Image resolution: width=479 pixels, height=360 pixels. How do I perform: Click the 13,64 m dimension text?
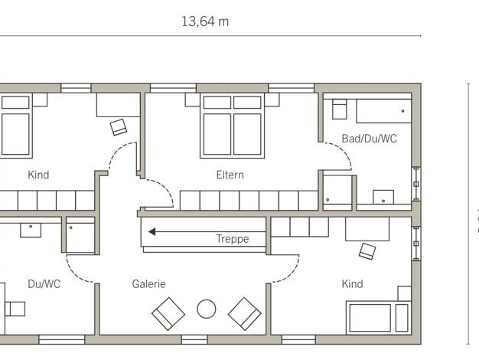point(205,21)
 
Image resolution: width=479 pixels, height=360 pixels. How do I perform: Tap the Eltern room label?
point(230,175)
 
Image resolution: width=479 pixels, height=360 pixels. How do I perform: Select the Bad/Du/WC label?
point(369,139)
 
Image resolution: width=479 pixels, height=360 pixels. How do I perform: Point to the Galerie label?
point(148,284)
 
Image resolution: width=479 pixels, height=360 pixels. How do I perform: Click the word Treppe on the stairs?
point(233,239)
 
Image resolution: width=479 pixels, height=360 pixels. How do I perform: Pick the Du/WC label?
point(44,284)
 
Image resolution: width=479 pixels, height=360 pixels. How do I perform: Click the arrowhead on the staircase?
point(152,232)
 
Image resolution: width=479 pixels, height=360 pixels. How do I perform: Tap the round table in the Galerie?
point(207,309)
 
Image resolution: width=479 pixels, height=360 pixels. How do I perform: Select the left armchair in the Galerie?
point(168,314)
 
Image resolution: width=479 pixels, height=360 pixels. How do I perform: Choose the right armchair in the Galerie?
point(244,314)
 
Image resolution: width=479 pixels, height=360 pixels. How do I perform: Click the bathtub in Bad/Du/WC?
point(383,111)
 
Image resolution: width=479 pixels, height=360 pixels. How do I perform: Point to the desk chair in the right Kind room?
point(367,251)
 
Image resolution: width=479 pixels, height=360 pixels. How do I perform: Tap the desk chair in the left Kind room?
point(119,127)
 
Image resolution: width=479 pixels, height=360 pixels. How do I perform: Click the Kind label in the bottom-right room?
point(352,284)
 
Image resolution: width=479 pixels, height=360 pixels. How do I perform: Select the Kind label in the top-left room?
point(38,175)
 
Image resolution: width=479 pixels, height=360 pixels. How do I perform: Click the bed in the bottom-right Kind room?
point(378,318)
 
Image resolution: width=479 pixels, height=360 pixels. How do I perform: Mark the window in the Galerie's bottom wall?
point(194,339)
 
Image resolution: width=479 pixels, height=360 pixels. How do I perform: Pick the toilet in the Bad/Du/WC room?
point(340,109)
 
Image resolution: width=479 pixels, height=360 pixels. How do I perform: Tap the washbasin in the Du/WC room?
point(31,230)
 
